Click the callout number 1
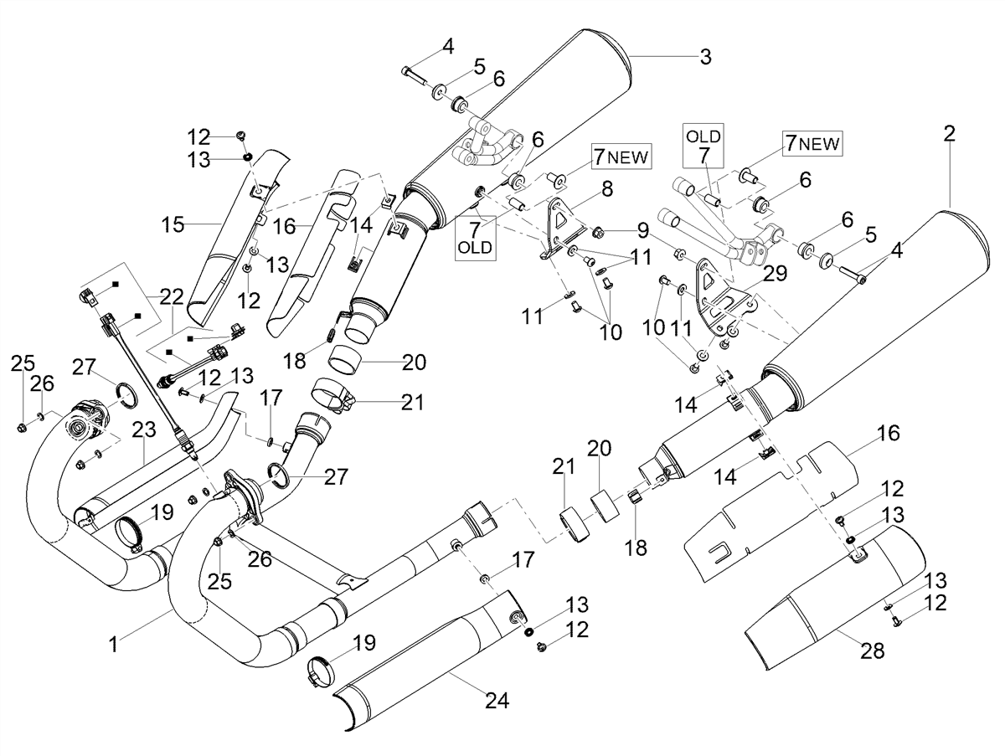coord(113,645)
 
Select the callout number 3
coord(705,57)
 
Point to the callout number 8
coord(607,188)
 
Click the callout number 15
coord(173,224)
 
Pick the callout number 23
coord(144,429)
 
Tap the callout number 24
coord(497,701)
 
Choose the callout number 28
coord(872,651)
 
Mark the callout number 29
coord(776,273)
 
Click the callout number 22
coord(171,297)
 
